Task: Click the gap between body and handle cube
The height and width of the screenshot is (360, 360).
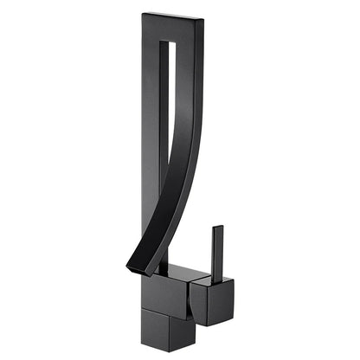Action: pyautogui.click(x=191, y=299)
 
